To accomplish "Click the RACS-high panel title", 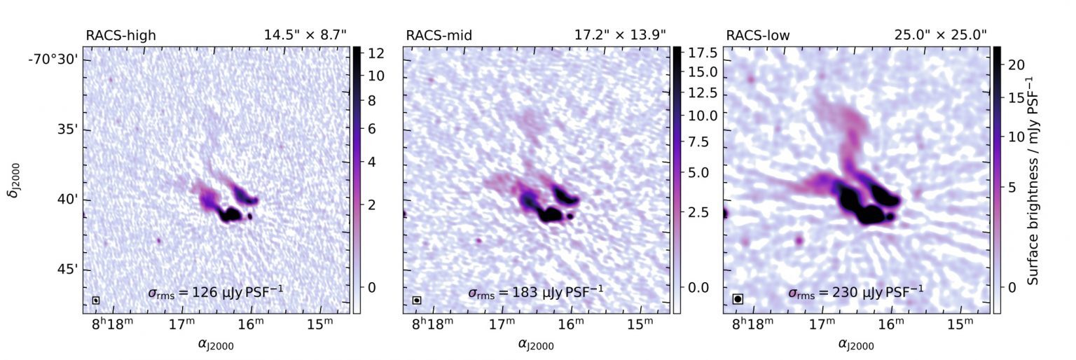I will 116,35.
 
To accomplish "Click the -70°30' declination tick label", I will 53,60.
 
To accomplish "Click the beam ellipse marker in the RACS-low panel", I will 738,299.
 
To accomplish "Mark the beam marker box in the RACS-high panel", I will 96,300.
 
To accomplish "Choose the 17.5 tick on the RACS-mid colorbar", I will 698,53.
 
